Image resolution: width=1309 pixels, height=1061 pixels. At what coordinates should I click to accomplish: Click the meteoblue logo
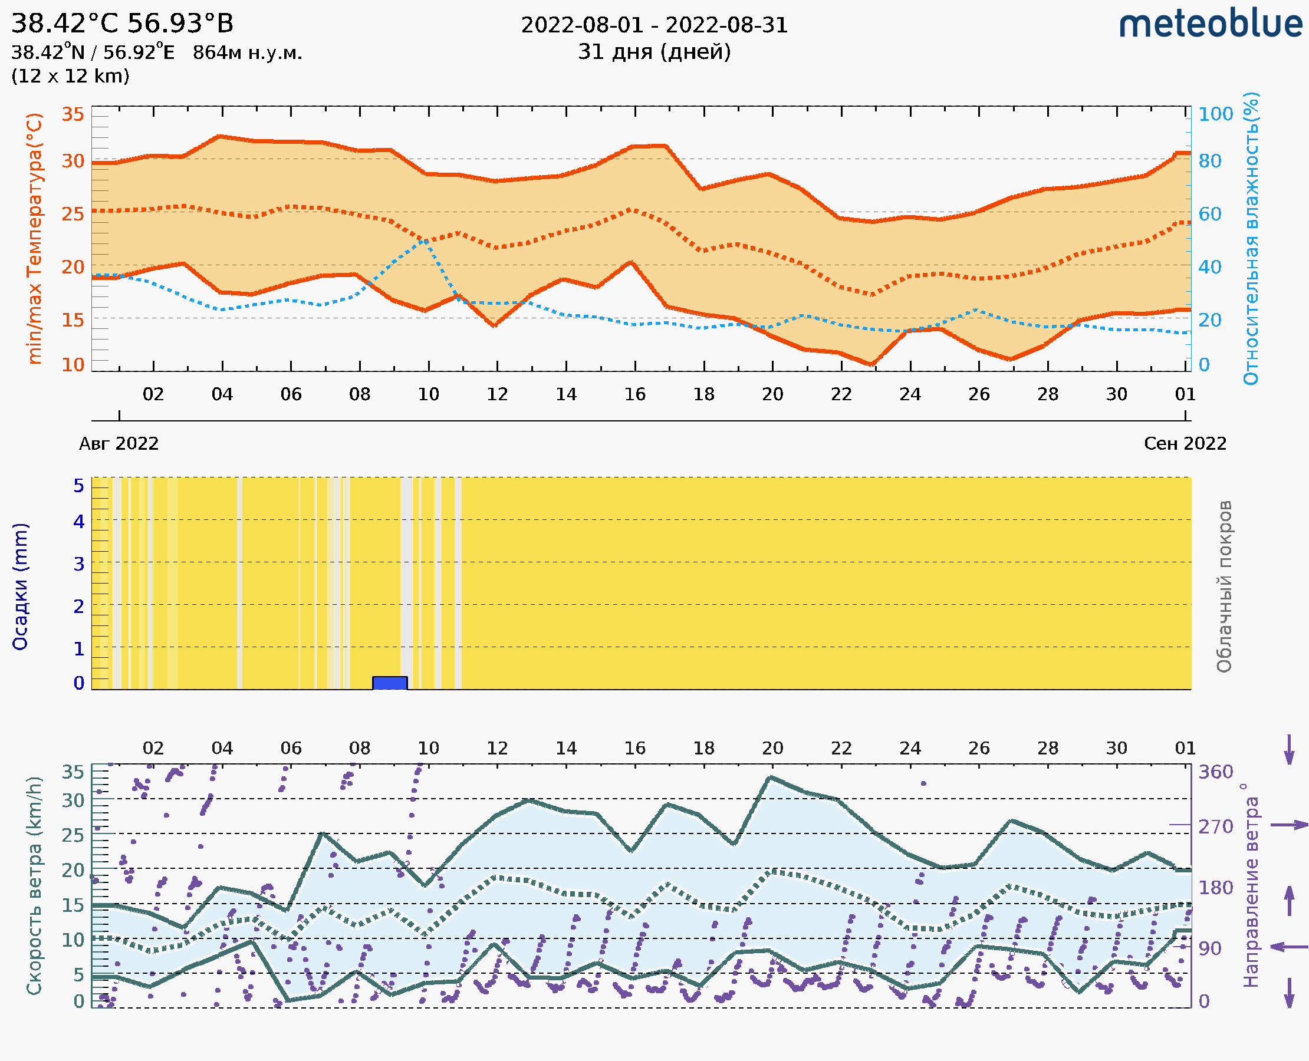[1210, 24]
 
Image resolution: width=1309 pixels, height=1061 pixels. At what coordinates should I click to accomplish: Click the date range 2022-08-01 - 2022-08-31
[654, 26]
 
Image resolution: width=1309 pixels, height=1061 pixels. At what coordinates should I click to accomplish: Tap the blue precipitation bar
[390, 683]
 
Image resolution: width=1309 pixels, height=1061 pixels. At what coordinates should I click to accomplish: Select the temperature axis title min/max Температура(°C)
[35, 238]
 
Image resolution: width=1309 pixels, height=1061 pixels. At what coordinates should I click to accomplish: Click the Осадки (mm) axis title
[20, 586]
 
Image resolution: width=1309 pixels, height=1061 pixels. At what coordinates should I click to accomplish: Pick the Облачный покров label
[1224, 586]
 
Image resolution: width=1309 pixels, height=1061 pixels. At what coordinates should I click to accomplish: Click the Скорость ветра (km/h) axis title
[34, 886]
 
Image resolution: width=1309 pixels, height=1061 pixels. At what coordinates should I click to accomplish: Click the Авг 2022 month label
[119, 444]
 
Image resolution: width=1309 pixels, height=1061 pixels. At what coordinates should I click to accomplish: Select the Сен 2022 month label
[1185, 444]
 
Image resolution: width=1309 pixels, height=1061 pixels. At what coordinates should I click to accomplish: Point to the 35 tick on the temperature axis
[73, 114]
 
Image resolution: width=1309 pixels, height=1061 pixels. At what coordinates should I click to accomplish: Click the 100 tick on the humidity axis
[1215, 114]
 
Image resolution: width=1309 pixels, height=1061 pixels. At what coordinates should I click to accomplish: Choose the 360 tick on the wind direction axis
[1215, 772]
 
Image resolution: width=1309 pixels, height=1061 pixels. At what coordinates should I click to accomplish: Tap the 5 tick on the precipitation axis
[79, 486]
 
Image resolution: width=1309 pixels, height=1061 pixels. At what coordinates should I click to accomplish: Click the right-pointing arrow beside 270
[1289, 825]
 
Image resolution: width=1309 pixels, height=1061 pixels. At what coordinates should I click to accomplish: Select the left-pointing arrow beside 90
[1289, 947]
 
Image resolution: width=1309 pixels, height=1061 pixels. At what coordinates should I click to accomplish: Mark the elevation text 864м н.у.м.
[247, 53]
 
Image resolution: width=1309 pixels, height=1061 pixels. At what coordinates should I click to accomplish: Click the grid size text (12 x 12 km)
[70, 77]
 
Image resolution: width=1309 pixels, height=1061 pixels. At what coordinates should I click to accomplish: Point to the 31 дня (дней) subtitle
[654, 52]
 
